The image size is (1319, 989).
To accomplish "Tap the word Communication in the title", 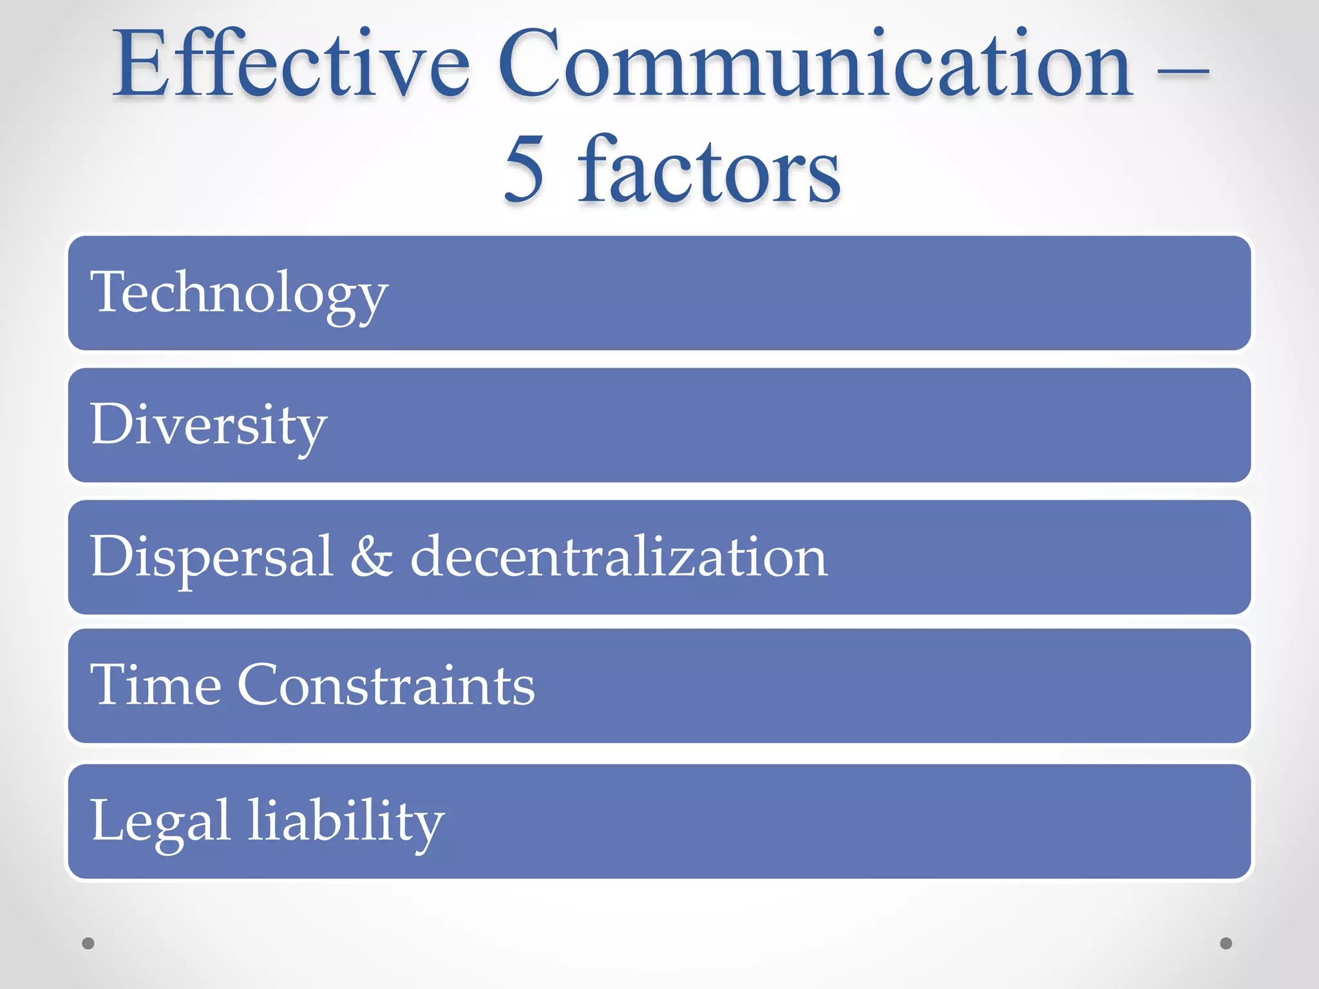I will click(815, 64).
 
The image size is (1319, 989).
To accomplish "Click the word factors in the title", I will click(709, 169).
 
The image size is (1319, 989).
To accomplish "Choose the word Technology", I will click(239, 293).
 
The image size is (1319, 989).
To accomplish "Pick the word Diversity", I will click(209, 425).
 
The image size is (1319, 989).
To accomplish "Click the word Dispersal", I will click(212, 557).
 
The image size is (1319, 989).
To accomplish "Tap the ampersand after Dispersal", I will click(372, 556).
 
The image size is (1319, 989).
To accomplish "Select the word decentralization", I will click(619, 556).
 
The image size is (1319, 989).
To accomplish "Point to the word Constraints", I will click(386, 685).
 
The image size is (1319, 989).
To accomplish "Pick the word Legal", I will click(160, 822).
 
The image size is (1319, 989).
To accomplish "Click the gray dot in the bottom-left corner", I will click(88, 943).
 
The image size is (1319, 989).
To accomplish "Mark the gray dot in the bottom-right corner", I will click(1226, 943).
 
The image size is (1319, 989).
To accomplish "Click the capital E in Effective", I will click(140, 64).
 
